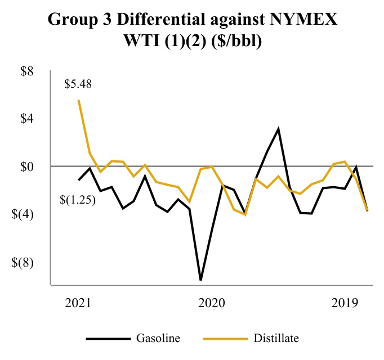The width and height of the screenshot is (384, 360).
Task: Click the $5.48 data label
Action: (78, 85)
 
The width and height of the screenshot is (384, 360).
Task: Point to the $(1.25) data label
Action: (77, 198)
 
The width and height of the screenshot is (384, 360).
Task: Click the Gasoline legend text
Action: (158, 338)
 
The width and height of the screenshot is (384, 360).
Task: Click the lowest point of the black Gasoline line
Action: (200, 280)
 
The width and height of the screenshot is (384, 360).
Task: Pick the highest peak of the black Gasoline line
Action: (278, 129)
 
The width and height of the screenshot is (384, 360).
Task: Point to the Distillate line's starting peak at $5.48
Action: (78, 101)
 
